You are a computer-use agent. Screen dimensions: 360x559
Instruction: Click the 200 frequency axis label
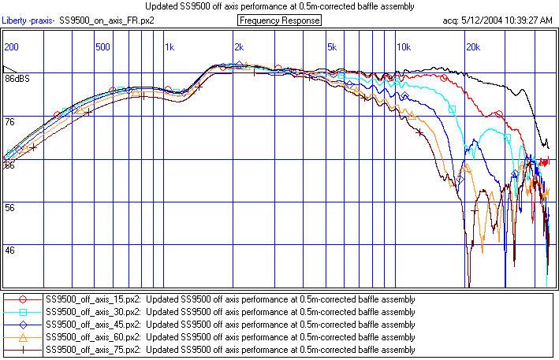[12, 47]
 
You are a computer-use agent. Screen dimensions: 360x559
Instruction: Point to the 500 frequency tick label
[102, 47]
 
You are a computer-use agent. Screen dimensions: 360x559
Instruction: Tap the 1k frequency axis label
[170, 47]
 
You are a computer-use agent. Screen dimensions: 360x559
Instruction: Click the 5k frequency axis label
[332, 47]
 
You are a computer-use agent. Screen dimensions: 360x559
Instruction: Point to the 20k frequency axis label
[472, 47]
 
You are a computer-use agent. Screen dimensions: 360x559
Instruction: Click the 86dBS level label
[17, 80]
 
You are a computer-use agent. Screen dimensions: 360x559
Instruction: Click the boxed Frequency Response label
[279, 20]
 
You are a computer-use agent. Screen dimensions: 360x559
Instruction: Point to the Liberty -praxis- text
[28, 20]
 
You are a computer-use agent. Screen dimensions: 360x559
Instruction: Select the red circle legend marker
[24, 299]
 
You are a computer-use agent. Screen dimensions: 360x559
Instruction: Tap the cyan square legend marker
[24, 312]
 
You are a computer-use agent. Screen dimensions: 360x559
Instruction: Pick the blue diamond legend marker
[24, 324]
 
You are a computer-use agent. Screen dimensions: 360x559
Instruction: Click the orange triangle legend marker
[24, 336]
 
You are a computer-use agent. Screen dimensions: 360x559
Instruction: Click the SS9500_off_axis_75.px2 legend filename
[93, 349]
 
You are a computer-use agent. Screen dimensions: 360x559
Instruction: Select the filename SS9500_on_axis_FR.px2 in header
[107, 20]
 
